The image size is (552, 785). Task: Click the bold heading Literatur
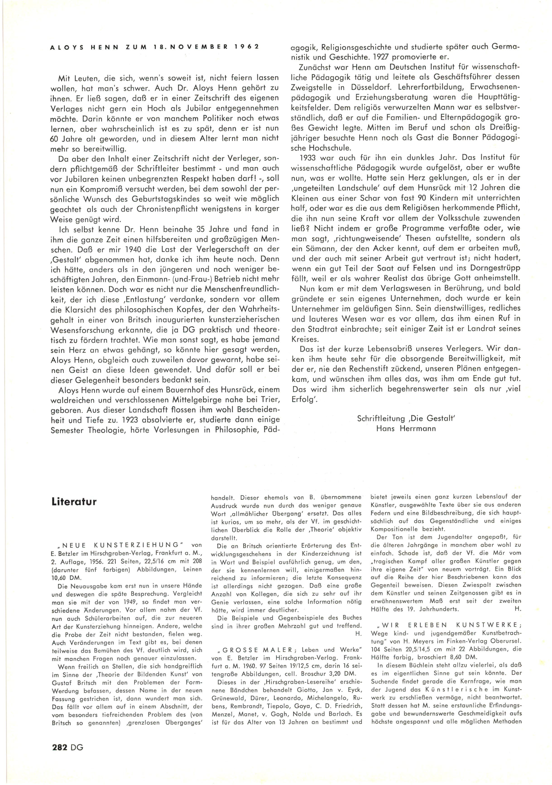click(x=74, y=502)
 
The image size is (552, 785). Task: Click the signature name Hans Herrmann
click(x=406, y=429)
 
